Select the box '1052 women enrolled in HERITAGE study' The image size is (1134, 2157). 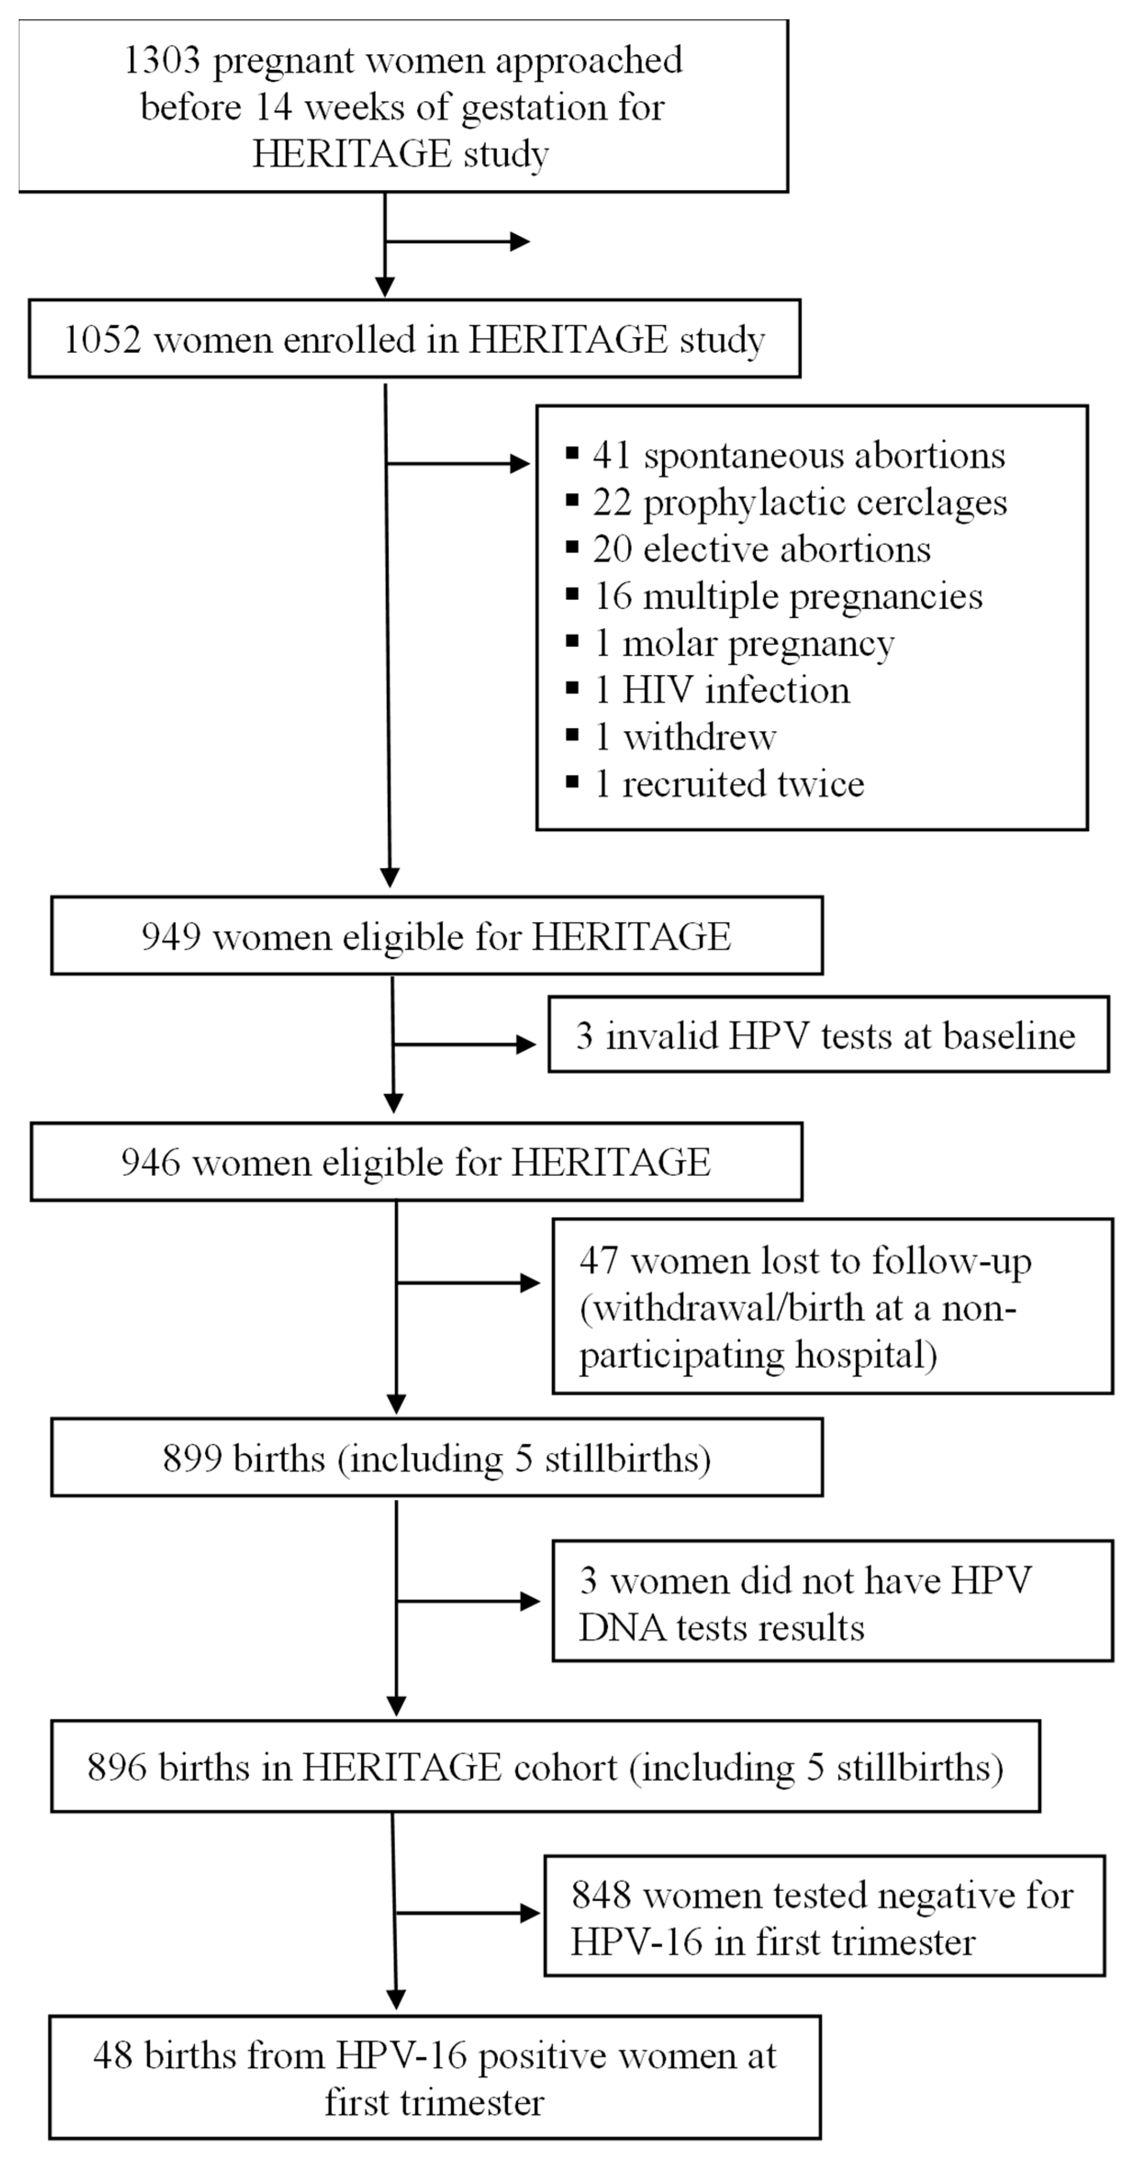click(414, 339)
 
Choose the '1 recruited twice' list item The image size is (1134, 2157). click(729, 784)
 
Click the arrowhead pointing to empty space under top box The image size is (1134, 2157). click(520, 242)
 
